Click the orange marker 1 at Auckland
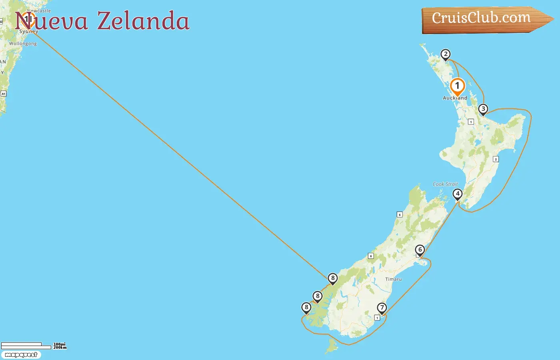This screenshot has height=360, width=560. pyautogui.click(x=457, y=86)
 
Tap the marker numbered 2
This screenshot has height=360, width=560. pyautogui.click(x=445, y=54)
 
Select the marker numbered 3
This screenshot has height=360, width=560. pyautogui.click(x=483, y=109)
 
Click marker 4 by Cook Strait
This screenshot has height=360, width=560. pyautogui.click(x=458, y=194)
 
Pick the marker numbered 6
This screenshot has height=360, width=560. pyautogui.click(x=420, y=250)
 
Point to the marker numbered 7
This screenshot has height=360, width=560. pyautogui.click(x=382, y=308)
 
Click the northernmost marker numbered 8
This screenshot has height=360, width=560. pyautogui.click(x=332, y=278)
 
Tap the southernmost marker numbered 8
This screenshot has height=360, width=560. pyautogui.click(x=306, y=308)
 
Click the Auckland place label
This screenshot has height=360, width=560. pyautogui.click(x=455, y=98)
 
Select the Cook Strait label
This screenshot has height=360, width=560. pyautogui.click(x=445, y=184)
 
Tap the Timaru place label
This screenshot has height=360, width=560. pyautogui.click(x=393, y=279)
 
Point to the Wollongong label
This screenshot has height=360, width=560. pyautogui.click(x=23, y=44)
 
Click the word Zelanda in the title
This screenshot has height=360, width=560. pyautogui.click(x=143, y=21)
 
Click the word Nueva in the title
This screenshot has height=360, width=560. pyautogui.click(x=51, y=21)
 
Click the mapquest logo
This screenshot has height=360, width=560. pyautogui.click(x=21, y=355)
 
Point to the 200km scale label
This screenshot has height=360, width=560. pyautogui.click(x=60, y=348)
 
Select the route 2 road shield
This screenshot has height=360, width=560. pyautogui.click(x=496, y=159)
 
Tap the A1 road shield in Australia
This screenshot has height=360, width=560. pyautogui.click(x=4, y=94)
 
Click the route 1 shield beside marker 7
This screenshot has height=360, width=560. pyautogui.click(x=377, y=318)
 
